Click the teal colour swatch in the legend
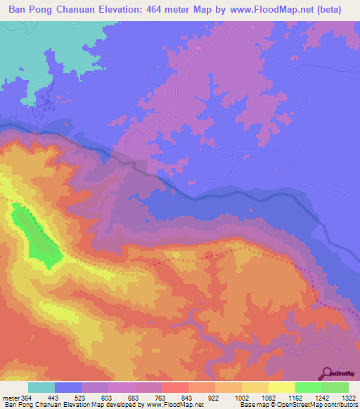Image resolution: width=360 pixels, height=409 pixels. pyautogui.click(x=41, y=387)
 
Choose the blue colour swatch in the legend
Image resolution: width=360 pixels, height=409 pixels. pyautogui.click(x=68, y=387)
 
